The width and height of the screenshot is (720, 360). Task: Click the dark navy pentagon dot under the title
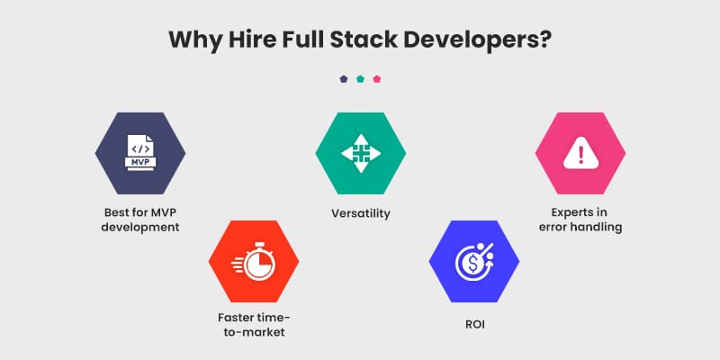[344, 79]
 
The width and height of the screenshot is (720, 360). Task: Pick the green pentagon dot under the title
[361, 79]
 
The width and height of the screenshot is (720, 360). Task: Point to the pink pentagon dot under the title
[377, 79]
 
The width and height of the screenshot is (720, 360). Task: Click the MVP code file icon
[140, 153]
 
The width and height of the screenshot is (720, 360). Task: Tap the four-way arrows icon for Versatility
[361, 153]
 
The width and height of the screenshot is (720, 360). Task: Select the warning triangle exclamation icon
[580, 153]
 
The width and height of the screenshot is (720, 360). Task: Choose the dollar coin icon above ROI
[474, 261]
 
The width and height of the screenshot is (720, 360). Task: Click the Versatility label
[361, 213]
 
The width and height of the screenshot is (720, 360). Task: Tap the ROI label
[475, 325]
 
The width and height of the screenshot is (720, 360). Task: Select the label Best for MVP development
[140, 220]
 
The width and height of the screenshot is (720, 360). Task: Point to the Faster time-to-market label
[254, 325]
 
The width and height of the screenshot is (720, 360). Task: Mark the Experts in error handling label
[580, 220]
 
